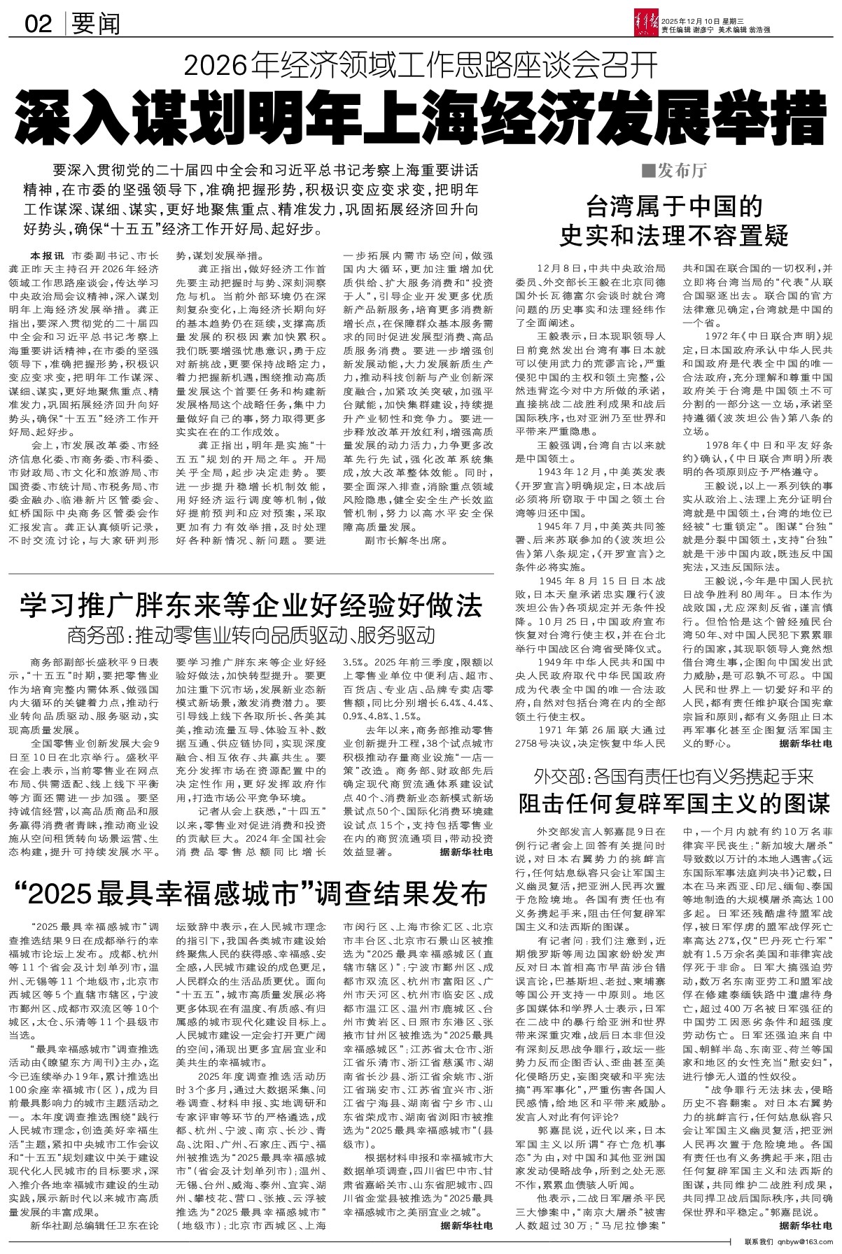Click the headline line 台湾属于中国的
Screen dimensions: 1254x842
pos(673,207)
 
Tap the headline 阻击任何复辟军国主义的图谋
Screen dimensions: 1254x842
pos(673,803)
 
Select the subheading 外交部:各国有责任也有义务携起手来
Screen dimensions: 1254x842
pos(673,776)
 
